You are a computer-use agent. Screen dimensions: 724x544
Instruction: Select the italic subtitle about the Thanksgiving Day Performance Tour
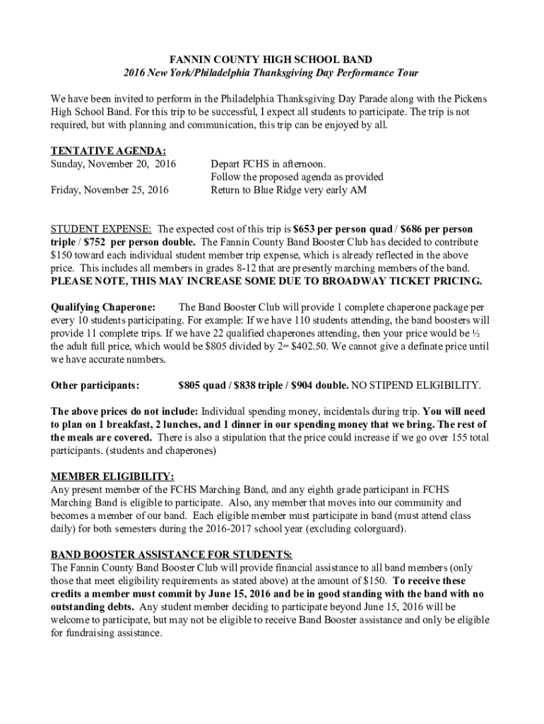[x=271, y=73]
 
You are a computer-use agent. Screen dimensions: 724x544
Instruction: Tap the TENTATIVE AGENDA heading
[x=109, y=151]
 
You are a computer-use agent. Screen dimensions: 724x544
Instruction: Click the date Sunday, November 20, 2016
[x=113, y=164]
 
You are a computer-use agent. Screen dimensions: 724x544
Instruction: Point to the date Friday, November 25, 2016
[x=110, y=190]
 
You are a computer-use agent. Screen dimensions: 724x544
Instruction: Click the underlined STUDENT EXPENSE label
[x=101, y=230]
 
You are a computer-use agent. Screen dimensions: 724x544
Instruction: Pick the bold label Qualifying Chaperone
[x=104, y=307]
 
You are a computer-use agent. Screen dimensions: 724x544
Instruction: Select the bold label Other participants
[x=95, y=385]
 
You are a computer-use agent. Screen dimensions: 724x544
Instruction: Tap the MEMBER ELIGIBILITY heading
[x=112, y=477]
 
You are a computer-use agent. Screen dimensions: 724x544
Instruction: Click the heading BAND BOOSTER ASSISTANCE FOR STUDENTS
[x=172, y=554]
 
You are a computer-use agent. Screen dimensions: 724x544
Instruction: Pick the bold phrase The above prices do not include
[x=124, y=411]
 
